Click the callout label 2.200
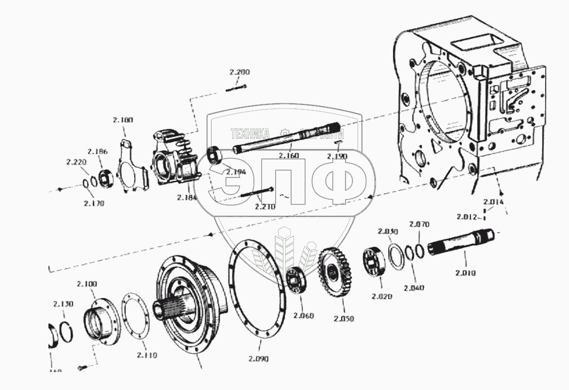coord(239,72)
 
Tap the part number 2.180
coord(122,120)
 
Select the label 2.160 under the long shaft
coord(289,156)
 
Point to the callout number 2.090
coord(258,359)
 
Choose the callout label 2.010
coord(466,273)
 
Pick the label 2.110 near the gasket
coord(147,355)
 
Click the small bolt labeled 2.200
coord(236,89)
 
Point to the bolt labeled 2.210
coord(256,193)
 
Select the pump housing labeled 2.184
coord(175,160)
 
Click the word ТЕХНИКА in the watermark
coord(250,133)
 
